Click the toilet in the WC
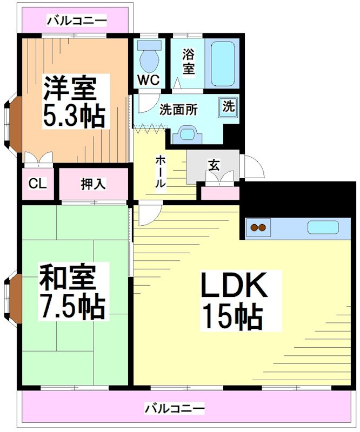coord(147,56)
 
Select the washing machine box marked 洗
coord(229,106)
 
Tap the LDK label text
coord(234,287)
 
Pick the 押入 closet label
coord(94,184)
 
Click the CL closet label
coord(38,184)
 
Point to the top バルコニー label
coord(76,21)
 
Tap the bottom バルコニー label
coord(174,408)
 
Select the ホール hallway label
coord(161,172)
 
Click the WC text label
coord(148,79)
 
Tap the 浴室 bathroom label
coord(188,62)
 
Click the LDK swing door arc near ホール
coord(150,211)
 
